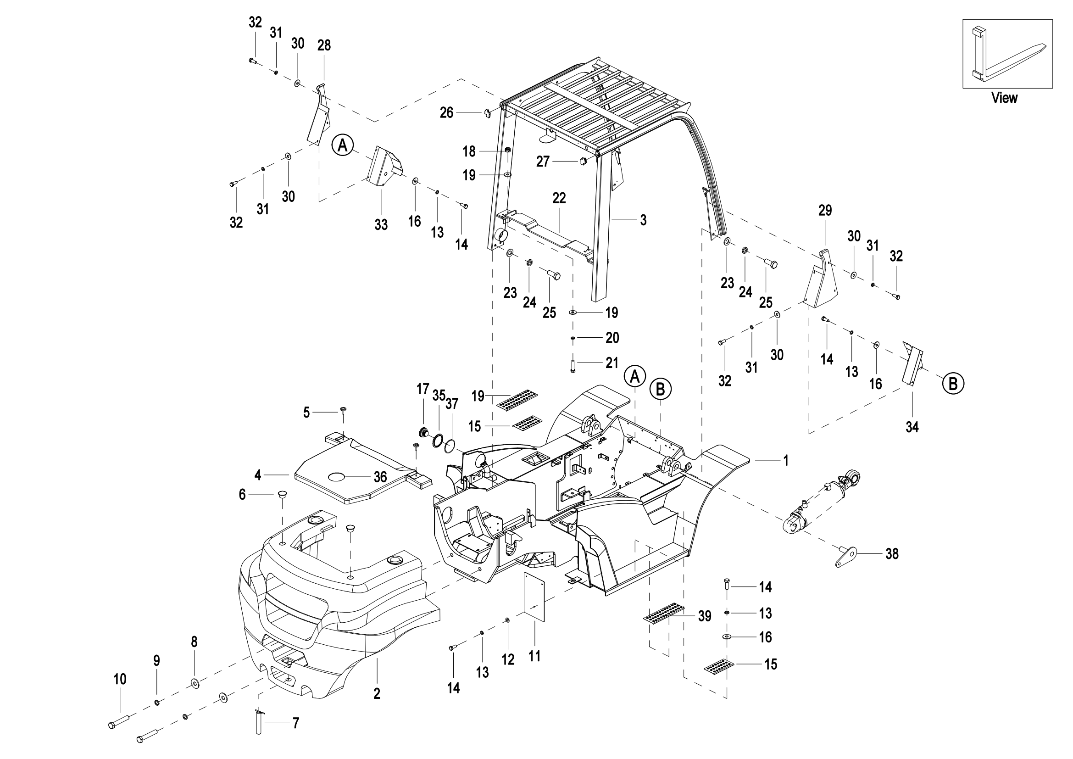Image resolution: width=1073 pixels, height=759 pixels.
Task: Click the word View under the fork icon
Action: point(1004,98)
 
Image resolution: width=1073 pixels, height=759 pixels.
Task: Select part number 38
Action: point(892,554)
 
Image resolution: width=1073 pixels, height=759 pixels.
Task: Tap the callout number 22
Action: point(559,198)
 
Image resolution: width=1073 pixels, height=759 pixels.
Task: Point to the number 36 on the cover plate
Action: point(380,477)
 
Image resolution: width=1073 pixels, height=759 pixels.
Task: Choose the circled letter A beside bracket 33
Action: point(343,145)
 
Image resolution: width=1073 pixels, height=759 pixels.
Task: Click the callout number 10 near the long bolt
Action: point(120,679)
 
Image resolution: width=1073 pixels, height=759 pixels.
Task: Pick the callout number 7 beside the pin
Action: point(295,724)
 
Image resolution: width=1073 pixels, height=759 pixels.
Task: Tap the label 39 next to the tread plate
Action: point(705,616)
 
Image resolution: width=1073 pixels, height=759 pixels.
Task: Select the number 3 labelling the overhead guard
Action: point(644,220)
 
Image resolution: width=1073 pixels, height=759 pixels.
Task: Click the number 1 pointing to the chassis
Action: point(786,461)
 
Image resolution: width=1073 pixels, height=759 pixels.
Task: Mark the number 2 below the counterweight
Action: point(377,694)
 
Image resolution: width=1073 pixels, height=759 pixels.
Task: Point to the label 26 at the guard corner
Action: point(447,112)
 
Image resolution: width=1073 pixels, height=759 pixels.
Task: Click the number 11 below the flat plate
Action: point(534,657)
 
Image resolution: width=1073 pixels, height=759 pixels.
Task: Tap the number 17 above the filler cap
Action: point(423,389)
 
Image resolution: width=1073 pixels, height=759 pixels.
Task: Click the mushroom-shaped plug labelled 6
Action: point(282,495)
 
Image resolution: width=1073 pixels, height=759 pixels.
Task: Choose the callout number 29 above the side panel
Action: point(825,210)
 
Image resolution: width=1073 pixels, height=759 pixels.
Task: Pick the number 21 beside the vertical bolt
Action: point(612,363)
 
